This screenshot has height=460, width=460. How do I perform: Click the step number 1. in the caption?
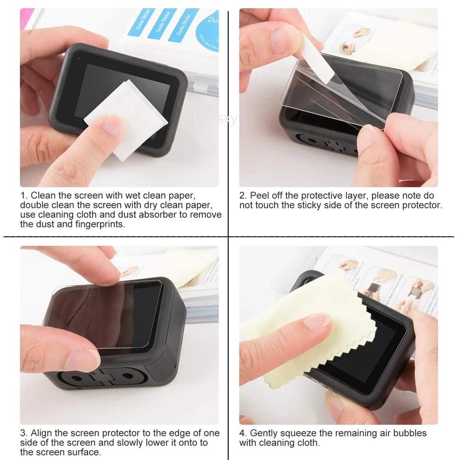point(24,196)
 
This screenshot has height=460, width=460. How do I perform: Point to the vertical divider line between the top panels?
point(229,115)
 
